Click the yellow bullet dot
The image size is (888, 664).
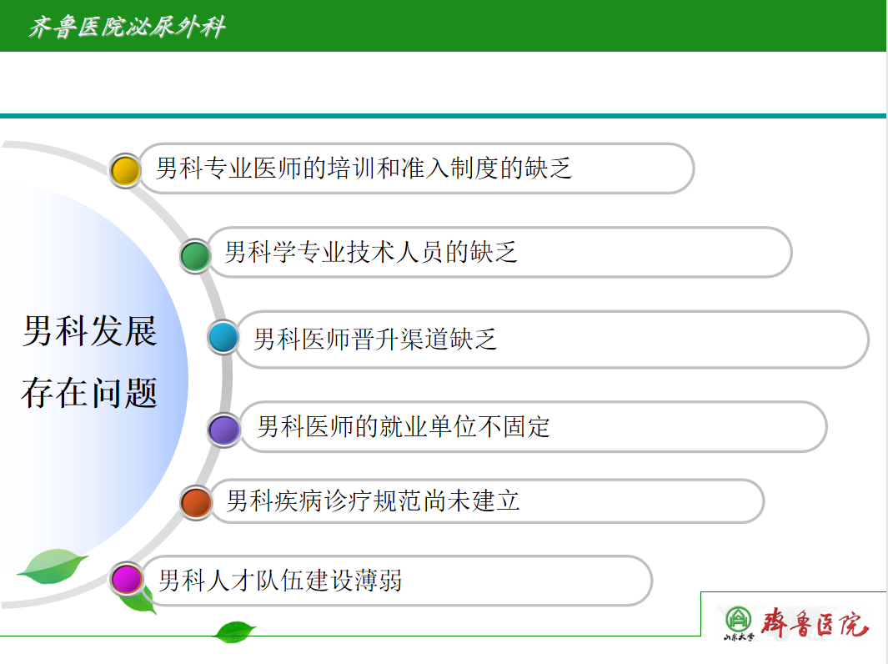click(125, 170)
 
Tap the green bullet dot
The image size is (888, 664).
click(195, 255)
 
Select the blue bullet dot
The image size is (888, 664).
click(223, 338)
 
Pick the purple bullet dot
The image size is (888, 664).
click(224, 430)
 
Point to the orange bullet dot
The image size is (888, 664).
click(196, 502)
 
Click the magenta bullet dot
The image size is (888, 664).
click(126, 579)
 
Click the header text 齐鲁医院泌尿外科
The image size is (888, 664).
click(128, 27)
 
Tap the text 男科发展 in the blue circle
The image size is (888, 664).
click(89, 331)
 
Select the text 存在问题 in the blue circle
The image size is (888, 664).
click(89, 393)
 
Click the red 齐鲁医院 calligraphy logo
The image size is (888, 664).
click(815, 622)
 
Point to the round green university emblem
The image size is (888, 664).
click(739, 619)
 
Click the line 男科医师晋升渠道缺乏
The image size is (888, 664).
click(375, 340)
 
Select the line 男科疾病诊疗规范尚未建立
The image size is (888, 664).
click(374, 501)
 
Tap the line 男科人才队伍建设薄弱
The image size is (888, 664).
click(280, 580)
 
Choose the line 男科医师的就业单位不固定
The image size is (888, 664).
click(404, 426)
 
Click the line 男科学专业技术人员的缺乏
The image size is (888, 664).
click(371, 252)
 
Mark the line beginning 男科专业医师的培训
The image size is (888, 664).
click(364, 169)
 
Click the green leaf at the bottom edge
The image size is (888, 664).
click(234, 631)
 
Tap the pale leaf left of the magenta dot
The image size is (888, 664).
click(52, 566)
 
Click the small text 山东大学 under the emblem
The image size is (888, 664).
click(739, 636)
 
